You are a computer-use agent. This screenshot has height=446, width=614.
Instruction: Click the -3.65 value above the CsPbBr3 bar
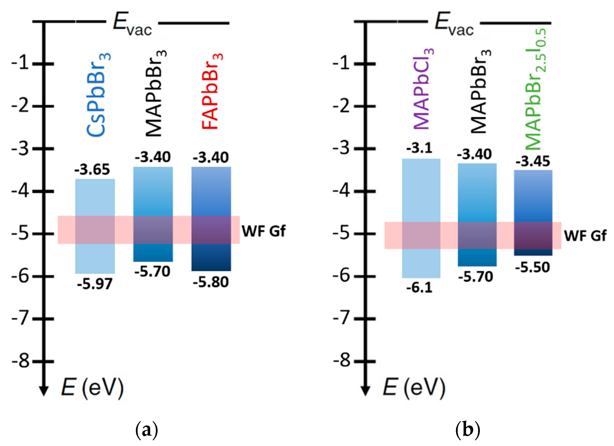coord(92,169)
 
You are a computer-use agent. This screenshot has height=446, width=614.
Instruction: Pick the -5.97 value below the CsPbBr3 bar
coord(94,284)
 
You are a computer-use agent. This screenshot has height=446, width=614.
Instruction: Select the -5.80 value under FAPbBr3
coord(211,282)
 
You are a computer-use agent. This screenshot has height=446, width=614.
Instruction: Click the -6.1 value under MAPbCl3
coord(419,287)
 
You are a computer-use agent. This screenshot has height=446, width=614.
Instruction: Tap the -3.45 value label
coord(533,161)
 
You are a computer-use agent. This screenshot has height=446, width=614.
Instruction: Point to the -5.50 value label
coord(532,267)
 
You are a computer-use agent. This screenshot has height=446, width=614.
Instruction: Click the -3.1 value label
coord(419,148)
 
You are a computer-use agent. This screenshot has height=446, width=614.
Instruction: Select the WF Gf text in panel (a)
coord(263,231)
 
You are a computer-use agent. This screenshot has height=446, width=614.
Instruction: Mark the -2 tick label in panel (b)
coord(342,106)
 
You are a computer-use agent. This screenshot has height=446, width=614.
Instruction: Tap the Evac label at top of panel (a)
coord(132,24)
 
